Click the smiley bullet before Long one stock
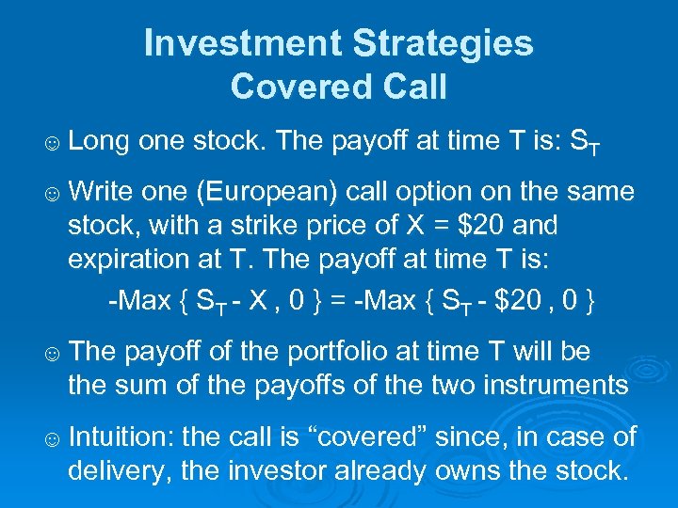coord(53,144)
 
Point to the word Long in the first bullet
coord(99,141)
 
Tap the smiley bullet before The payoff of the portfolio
coord(53,355)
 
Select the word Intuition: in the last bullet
coord(120,437)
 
